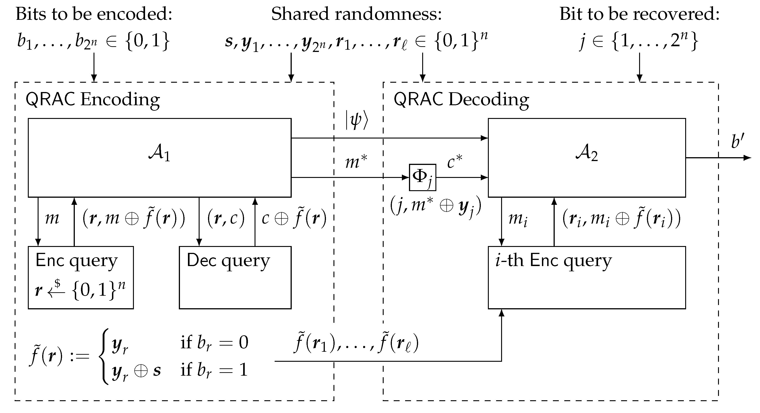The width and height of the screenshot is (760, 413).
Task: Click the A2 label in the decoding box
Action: (x=586, y=153)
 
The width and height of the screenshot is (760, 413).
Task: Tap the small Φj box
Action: (x=422, y=177)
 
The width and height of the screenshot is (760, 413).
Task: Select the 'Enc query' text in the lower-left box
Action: (x=76, y=261)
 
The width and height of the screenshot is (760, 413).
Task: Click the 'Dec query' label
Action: (x=228, y=261)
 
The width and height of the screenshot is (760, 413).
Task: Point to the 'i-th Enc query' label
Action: (x=554, y=261)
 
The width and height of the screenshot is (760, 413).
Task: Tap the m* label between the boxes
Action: (x=356, y=162)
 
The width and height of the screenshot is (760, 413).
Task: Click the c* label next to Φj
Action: (x=455, y=162)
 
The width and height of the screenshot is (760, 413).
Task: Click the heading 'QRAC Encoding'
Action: (x=93, y=99)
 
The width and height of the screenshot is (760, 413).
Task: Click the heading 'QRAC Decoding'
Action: (x=461, y=99)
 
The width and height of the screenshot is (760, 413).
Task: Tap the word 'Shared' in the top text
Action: (x=300, y=14)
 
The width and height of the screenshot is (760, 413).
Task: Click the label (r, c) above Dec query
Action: (x=226, y=218)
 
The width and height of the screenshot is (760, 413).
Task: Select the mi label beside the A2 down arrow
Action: (x=518, y=219)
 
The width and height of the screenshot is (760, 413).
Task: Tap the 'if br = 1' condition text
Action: (x=214, y=370)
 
